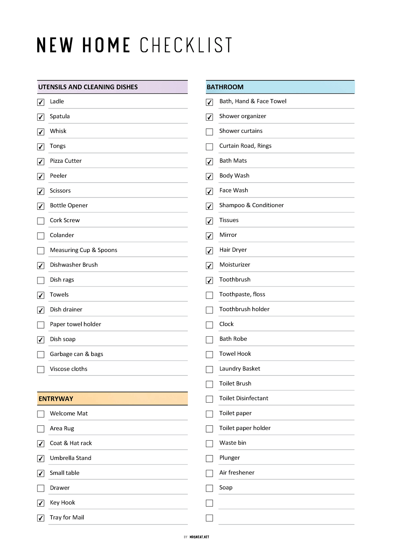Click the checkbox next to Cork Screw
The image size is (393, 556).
41,221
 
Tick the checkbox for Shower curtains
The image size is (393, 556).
209,132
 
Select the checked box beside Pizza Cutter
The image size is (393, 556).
41,162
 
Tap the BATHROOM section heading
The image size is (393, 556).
225,87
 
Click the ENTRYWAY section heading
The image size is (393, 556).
56,399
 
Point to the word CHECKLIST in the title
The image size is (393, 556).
186,45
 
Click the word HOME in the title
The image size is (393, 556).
106,45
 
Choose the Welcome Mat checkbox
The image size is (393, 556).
41,414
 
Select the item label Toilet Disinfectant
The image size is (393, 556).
244,398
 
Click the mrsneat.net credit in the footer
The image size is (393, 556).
199,537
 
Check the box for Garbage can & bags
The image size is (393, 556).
41,355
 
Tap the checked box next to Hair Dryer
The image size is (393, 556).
209,251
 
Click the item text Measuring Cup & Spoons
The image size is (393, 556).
83,250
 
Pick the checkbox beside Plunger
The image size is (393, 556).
209,459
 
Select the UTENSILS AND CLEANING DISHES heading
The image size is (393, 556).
88,87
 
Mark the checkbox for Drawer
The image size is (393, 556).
41,488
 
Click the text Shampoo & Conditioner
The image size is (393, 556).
251,205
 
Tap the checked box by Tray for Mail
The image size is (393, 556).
41,518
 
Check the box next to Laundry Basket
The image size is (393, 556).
209,370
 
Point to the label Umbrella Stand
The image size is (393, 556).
70,458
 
